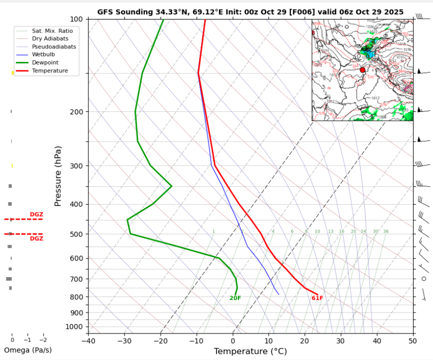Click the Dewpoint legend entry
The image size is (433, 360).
[45, 63]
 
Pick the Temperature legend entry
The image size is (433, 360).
[49, 71]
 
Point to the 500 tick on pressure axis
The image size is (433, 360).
[76, 234]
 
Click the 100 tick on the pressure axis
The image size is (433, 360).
[76, 19]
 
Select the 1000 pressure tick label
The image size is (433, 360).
[74, 327]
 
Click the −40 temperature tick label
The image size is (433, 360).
[88, 341]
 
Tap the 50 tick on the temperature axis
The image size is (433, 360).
[412, 341]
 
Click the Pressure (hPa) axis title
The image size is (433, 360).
[58, 176]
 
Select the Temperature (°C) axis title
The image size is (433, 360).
[250, 352]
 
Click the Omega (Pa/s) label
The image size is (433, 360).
[27, 350]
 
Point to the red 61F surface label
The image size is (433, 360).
[317, 299]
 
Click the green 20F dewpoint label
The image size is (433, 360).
[235, 299]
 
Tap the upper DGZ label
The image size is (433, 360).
[36, 214]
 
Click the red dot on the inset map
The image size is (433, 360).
[363, 70]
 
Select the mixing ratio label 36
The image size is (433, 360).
[386, 232]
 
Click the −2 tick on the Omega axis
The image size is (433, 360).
[43, 340]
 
